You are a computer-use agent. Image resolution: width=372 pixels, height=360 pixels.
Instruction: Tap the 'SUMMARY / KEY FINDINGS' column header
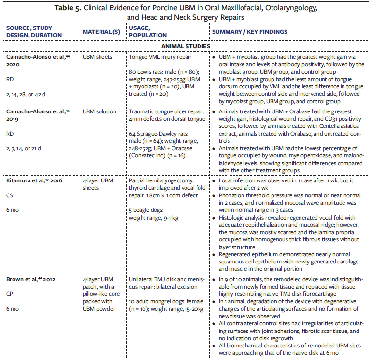(x=249, y=32)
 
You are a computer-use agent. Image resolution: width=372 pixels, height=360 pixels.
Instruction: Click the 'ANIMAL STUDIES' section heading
(x=186, y=46)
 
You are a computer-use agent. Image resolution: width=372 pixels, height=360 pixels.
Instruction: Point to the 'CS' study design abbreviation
(x=10, y=196)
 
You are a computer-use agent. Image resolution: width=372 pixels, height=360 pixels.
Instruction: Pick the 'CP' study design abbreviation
(x=10, y=294)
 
